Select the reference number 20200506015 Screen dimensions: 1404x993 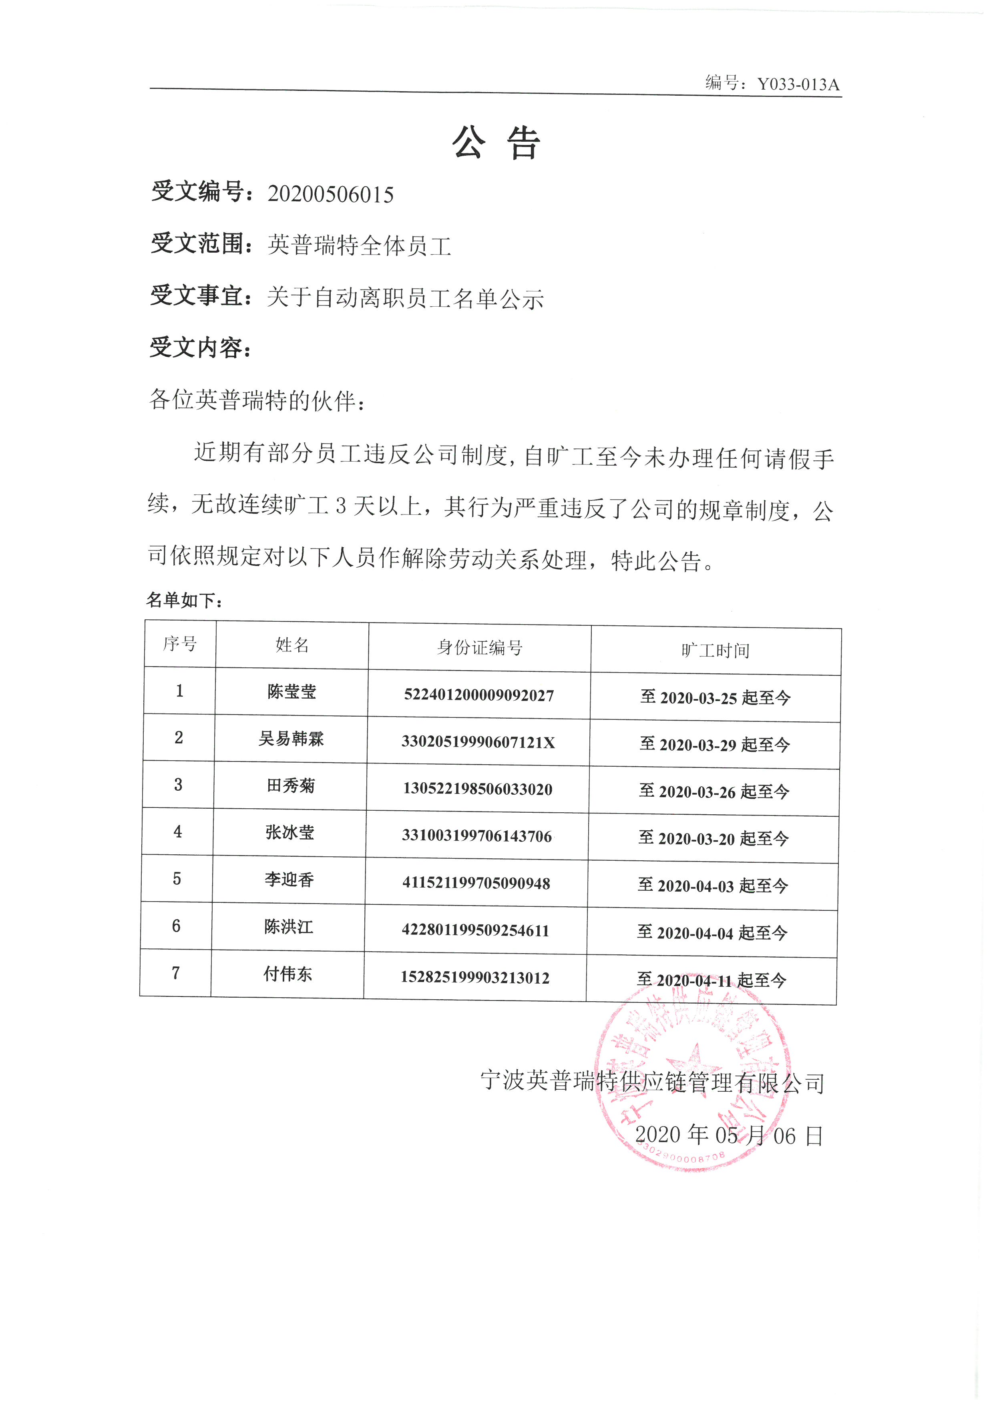(x=330, y=195)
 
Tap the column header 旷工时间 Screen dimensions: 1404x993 (x=716, y=651)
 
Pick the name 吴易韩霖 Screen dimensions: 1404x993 (x=291, y=739)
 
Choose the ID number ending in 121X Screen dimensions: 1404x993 (x=478, y=742)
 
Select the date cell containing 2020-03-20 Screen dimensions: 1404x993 (x=714, y=838)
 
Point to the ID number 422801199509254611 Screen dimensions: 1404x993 (x=475, y=930)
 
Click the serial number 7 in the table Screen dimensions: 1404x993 (x=176, y=973)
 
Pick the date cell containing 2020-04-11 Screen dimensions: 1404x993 (x=712, y=980)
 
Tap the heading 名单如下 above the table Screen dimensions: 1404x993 (x=183, y=601)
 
